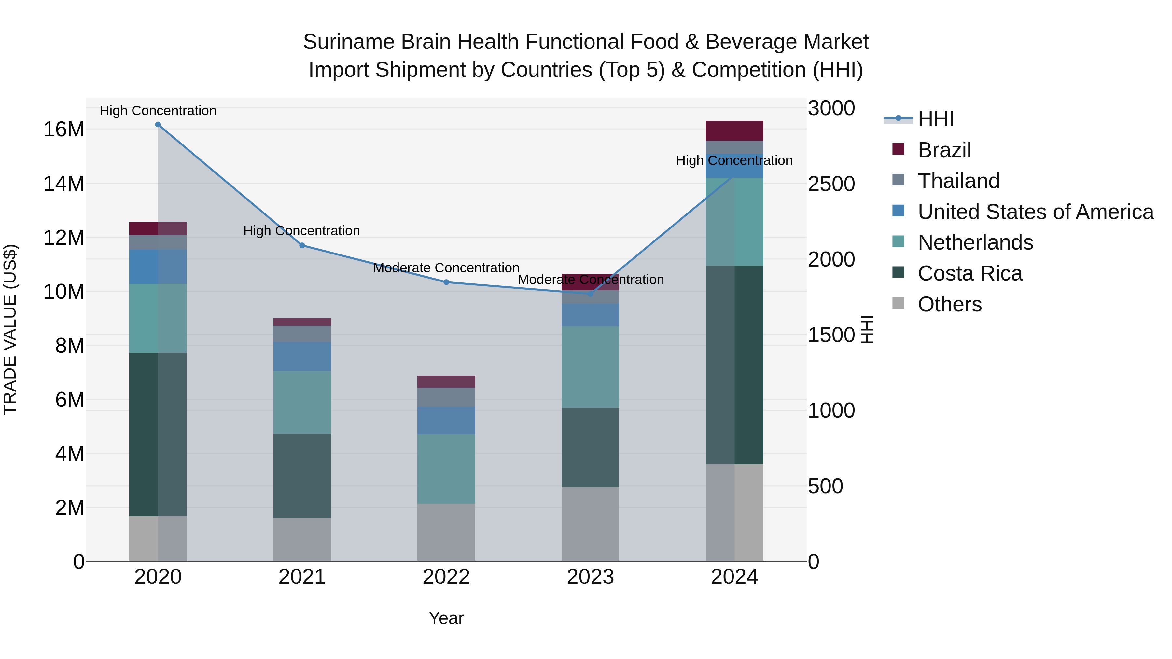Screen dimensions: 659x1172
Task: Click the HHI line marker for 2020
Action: click(158, 125)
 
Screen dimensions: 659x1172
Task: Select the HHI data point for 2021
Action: click(302, 246)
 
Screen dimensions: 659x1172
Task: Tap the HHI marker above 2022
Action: click(446, 282)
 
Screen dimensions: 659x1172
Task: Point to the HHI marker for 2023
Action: click(591, 294)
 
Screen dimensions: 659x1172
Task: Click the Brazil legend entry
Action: click(944, 150)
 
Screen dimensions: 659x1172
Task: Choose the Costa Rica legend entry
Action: click(970, 273)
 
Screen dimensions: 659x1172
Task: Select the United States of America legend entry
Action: click(1035, 212)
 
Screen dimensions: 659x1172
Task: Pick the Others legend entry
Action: click(950, 304)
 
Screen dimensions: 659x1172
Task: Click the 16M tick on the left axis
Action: click(64, 130)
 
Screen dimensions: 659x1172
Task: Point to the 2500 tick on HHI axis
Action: click(831, 184)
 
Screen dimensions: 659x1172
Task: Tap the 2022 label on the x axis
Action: click(446, 577)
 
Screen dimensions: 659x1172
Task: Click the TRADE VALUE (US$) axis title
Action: click(10, 329)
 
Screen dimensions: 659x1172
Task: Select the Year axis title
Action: click(446, 618)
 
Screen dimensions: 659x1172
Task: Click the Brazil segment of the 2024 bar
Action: click(734, 131)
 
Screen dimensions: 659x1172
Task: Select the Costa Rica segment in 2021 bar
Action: click(302, 476)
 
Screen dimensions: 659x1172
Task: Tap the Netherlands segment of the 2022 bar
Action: click(446, 469)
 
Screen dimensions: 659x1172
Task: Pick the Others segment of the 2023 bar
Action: click(590, 524)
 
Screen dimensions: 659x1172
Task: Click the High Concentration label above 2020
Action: click(158, 111)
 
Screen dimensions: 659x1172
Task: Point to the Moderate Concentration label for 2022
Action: click(446, 268)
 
